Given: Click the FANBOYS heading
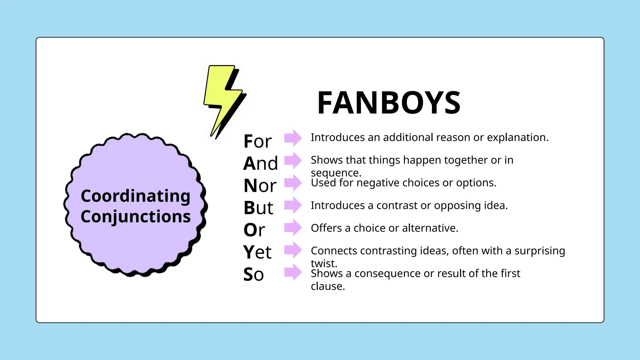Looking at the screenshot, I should click(389, 103).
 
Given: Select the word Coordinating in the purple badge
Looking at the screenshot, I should click(135, 196).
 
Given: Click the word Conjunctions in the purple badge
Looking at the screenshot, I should click(135, 217).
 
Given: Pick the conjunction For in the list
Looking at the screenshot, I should click(257, 141).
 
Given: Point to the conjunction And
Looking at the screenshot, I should click(260, 163).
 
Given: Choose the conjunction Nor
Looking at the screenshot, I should click(260, 186).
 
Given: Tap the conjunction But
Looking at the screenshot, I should click(258, 208).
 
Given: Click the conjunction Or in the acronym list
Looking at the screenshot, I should click(254, 230).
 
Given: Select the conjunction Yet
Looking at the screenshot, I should click(257, 252).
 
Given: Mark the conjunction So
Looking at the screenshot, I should click(253, 274).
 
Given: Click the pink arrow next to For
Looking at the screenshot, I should click(293, 138).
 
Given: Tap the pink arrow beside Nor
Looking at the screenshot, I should click(293, 183).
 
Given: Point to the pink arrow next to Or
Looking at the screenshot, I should click(293, 227).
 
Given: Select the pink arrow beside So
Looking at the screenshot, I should click(293, 272).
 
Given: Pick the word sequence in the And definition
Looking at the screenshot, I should click(336, 173).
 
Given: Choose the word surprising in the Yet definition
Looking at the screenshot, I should click(540, 251).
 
